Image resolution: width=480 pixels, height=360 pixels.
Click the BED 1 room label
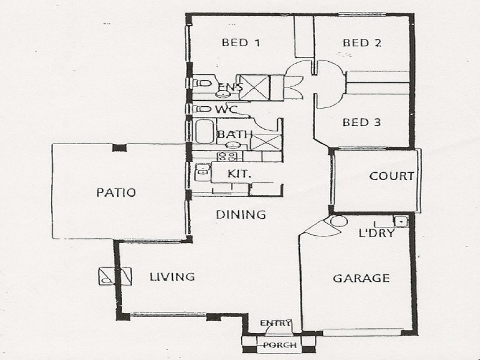[x=241, y=43]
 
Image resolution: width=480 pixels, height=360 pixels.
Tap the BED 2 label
[x=362, y=43]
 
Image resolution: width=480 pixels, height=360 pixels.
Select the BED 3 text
[x=362, y=122]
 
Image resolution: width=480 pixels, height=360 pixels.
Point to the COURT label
[x=391, y=176]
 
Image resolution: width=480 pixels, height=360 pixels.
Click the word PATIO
[x=116, y=193]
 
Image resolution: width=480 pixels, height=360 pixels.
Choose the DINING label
[x=241, y=214]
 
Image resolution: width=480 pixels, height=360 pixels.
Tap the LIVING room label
[x=172, y=277]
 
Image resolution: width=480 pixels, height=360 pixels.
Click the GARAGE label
[x=361, y=278]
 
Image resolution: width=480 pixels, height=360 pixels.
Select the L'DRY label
[x=376, y=233]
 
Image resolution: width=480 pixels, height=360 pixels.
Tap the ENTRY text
[x=275, y=323]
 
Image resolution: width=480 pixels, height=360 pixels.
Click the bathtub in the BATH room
[x=204, y=131]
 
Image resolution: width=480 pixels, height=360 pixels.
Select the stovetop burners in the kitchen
[x=227, y=157]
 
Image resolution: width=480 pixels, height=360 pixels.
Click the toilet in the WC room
[x=200, y=109]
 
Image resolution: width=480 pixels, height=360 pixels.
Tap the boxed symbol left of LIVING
[x=115, y=276]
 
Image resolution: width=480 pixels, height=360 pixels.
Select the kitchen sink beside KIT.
[x=202, y=172]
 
